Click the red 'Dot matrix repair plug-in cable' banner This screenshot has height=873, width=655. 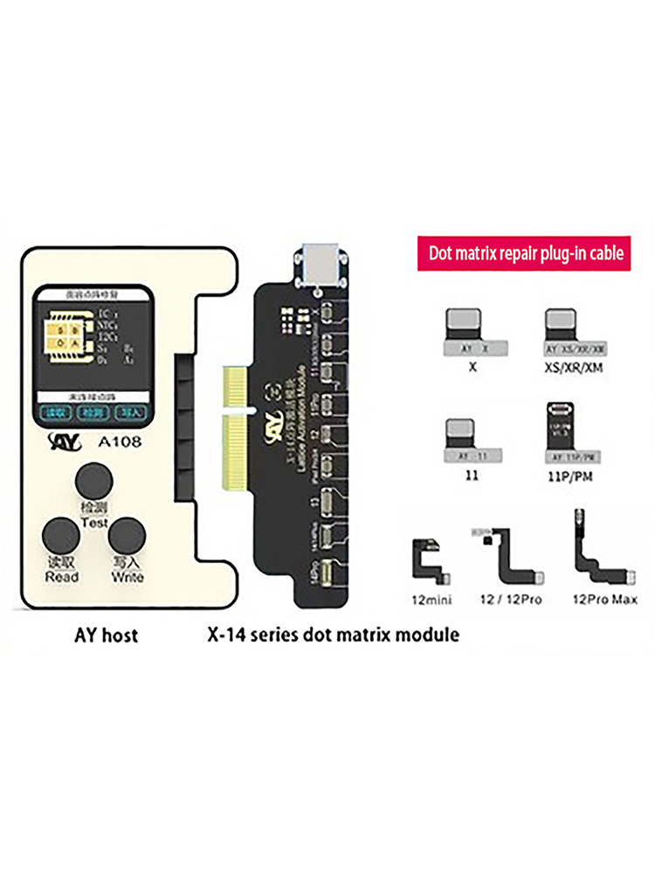coord(526,253)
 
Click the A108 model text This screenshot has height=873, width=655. coord(110,443)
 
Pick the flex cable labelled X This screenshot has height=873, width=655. coord(472,332)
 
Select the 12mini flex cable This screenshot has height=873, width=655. coord(431,560)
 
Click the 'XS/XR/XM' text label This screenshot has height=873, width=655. coord(572,369)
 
